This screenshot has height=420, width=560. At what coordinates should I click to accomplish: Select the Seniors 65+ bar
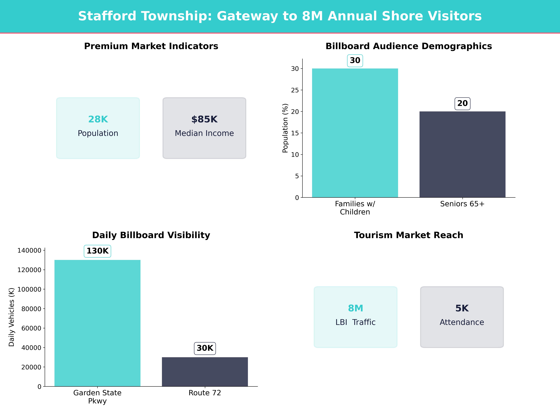(x=462, y=154)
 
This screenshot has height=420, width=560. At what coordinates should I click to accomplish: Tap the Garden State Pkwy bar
(x=97, y=323)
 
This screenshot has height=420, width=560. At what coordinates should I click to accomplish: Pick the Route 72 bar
(x=205, y=372)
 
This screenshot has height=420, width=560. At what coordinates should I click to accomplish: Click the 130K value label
(x=97, y=251)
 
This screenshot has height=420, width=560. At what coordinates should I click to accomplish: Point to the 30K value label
(x=205, y=348)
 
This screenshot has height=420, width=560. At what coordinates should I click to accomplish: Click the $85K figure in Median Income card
(x=204, y=119)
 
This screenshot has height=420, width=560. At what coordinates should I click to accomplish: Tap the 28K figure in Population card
(x=98, y=119)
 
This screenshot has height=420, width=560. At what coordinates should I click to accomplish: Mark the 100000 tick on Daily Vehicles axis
(x=29, y=289)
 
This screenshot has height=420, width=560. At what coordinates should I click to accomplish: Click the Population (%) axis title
(x=285, y=128)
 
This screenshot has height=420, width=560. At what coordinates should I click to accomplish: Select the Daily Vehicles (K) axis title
(x=11, y=317)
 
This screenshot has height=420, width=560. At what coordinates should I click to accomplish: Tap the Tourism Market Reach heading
(x=409, y=235)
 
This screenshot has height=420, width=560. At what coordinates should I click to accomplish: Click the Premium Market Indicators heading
(x=151, y=46)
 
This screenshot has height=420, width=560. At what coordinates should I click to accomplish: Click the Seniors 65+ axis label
(x=462, y=204)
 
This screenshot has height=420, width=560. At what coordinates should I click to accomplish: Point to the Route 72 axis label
(x=205, y=393)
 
